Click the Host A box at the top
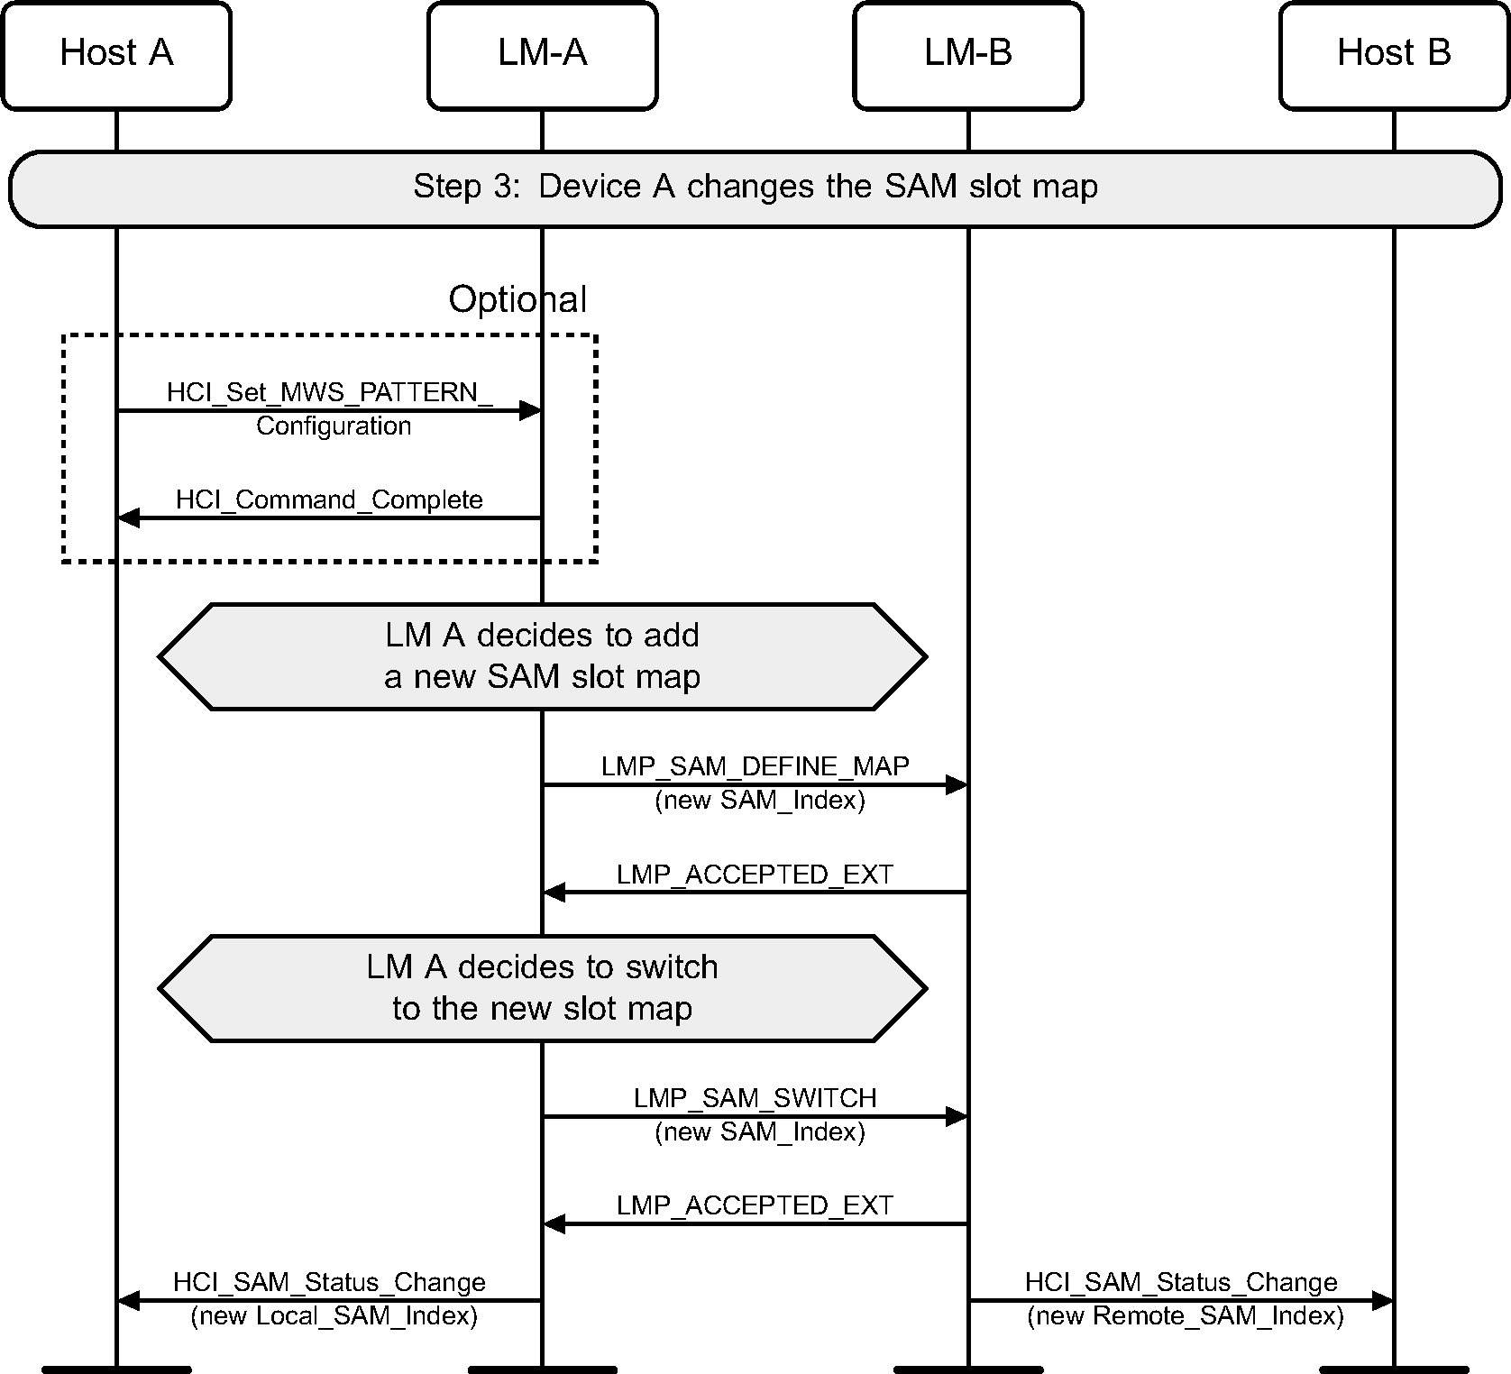tap(116, 55)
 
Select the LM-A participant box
tap(542, 55)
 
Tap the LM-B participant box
tap(967, 55)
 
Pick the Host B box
tap(1393, 55)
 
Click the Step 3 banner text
tap(755, 188)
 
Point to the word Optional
tap(517, 299)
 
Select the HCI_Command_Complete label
tap(329, 499)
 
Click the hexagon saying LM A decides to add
tap(542, 656)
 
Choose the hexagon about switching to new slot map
tap(542, 988)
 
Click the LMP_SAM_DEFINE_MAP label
tap(755, 766)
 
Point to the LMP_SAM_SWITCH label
tap(755, 1098)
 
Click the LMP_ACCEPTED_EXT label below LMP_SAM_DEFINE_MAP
tap(755, 875)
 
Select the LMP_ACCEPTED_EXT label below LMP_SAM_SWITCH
tap(755, 1205)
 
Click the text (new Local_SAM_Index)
tap(334, 1316)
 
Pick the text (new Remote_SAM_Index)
tap(1186, 1316)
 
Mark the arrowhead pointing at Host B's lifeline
tap(1382, 1301)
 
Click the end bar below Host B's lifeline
tap(1394, 1369)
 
